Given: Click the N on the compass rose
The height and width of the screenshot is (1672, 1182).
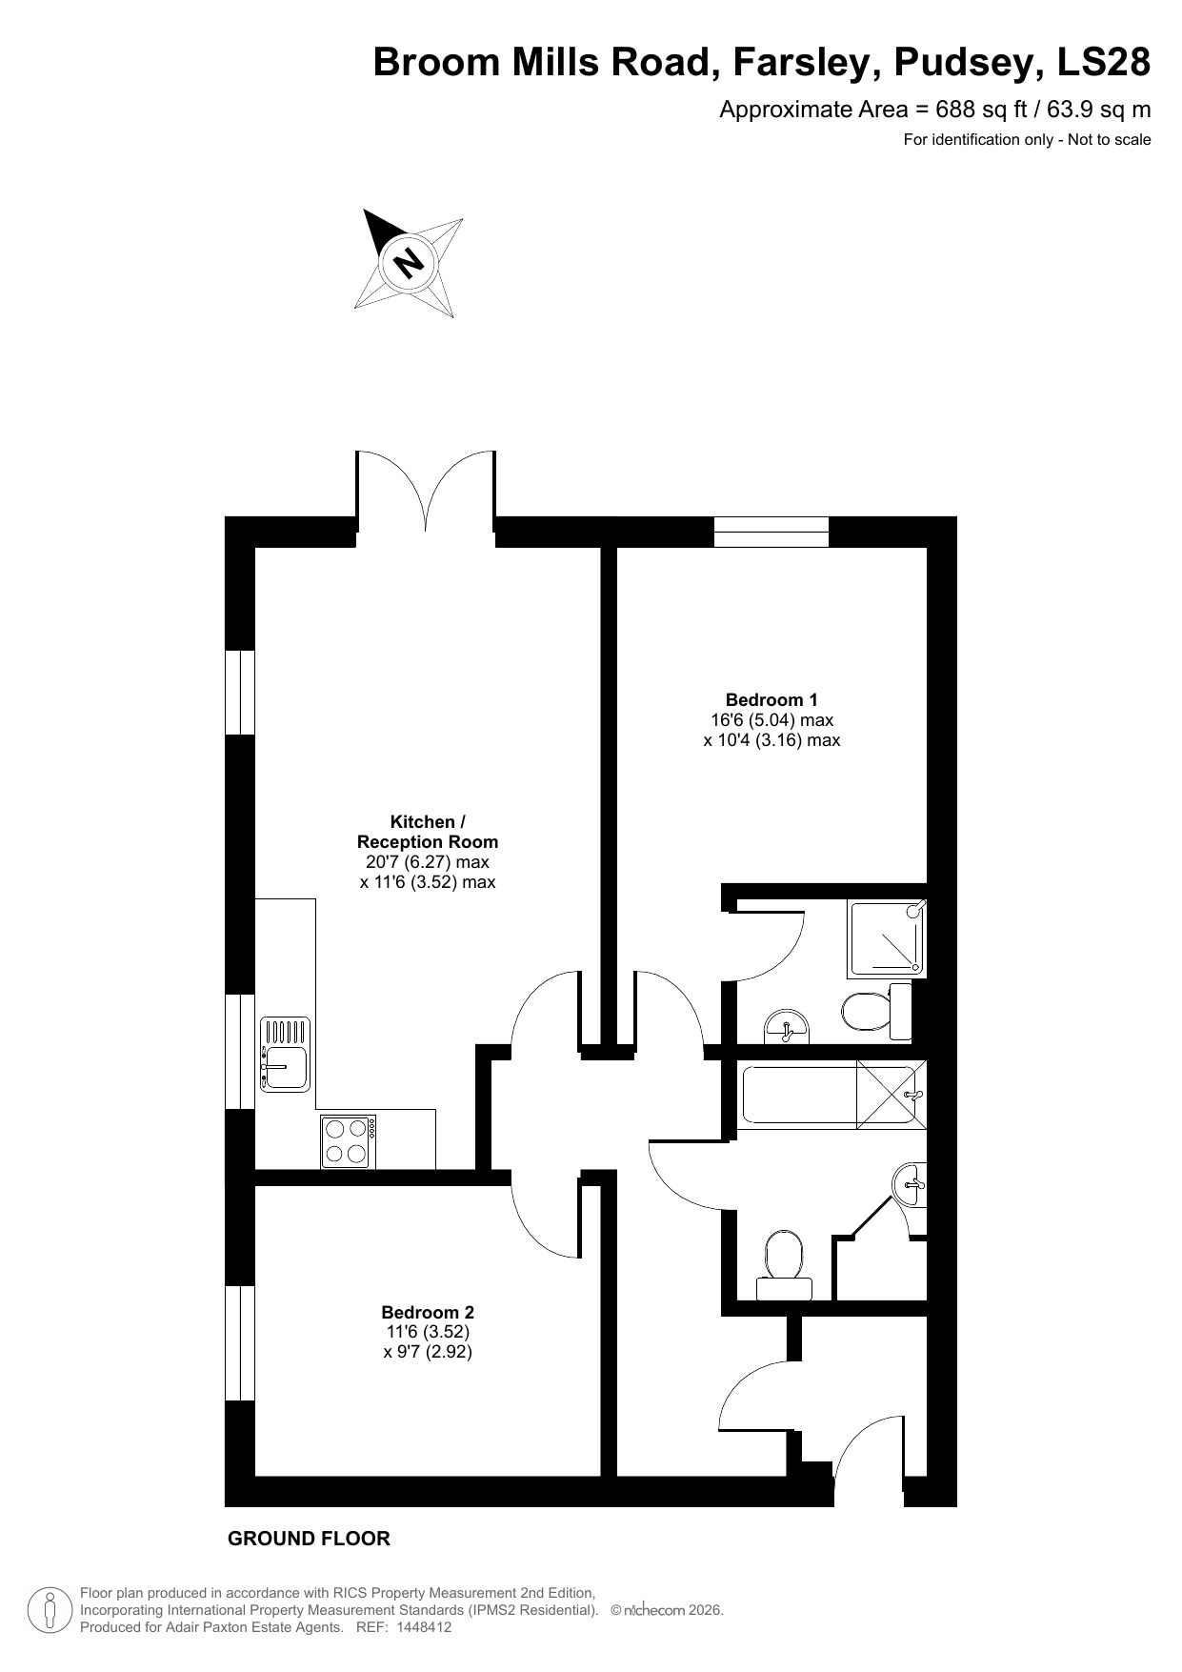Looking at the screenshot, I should (x=409, y=260).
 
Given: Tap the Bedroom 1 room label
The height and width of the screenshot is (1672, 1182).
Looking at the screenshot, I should (x=771, y=700).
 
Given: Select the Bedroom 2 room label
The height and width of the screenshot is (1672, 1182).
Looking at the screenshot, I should (x=427, y=1312).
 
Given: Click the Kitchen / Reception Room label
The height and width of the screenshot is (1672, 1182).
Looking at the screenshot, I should (x=427, y=832).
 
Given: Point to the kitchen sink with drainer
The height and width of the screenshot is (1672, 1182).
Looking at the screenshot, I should (x=285, y=1055).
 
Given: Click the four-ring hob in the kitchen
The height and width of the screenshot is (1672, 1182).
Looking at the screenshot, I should (x=348, y=1141).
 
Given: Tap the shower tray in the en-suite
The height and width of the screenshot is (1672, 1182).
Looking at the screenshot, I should (x=886, y=938).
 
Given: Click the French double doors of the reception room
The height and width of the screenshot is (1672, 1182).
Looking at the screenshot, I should (x=426, y=495).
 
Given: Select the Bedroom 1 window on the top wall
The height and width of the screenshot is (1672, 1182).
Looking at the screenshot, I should (x=771, y=531).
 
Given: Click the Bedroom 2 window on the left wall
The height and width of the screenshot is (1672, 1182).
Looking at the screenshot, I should (x=240, y=1342).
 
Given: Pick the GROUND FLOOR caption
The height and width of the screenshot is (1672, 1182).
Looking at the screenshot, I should (x=309, y=1539).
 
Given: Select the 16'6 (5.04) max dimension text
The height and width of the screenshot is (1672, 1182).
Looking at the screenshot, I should (x=771, y=720).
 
